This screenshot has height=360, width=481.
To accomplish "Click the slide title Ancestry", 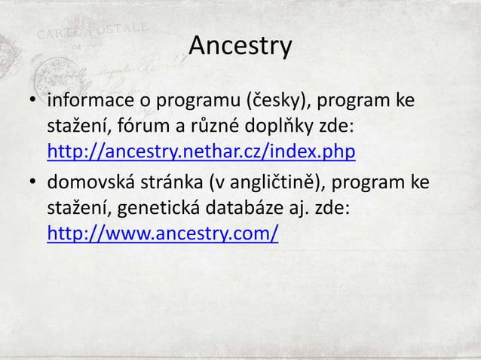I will (x=240, y=46).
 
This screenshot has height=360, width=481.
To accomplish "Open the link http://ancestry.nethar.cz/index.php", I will (x=201, y=153).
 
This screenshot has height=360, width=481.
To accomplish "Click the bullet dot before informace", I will (x=34, y=102).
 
